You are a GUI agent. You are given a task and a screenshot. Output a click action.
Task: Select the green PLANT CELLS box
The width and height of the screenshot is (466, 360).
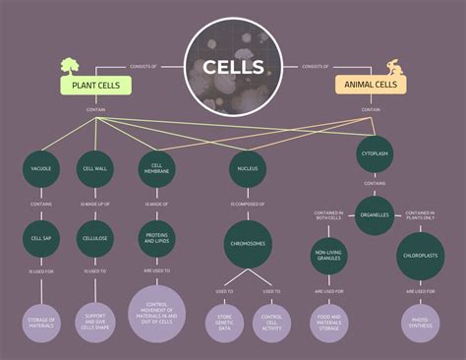point(95,86)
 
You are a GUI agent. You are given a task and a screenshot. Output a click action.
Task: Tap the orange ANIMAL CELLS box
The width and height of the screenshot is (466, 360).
point(371,86)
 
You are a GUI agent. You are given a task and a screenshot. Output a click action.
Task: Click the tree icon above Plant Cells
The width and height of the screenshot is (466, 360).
point(70,66)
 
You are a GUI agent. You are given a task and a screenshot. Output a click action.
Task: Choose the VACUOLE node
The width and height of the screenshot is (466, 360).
point(40,169)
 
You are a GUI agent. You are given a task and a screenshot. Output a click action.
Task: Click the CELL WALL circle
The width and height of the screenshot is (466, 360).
point(95,169)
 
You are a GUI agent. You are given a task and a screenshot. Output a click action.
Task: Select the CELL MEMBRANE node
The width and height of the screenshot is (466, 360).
point(157,169)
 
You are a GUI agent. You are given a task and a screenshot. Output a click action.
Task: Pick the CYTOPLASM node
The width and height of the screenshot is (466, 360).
point(375,154)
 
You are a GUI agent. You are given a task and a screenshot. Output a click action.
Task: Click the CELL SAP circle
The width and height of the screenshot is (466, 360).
point(40,238)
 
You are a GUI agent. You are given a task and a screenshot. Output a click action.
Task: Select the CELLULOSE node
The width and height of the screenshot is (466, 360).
point(95,238)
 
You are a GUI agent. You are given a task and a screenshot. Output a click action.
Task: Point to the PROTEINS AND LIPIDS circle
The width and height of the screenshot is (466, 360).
point(157,239)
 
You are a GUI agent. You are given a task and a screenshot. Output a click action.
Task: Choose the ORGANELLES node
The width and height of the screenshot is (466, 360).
point(375,214)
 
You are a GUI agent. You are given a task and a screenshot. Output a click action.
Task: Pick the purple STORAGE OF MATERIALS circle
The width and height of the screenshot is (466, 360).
point(40,323)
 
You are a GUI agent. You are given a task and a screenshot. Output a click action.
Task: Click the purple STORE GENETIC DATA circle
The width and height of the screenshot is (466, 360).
point(222,324)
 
